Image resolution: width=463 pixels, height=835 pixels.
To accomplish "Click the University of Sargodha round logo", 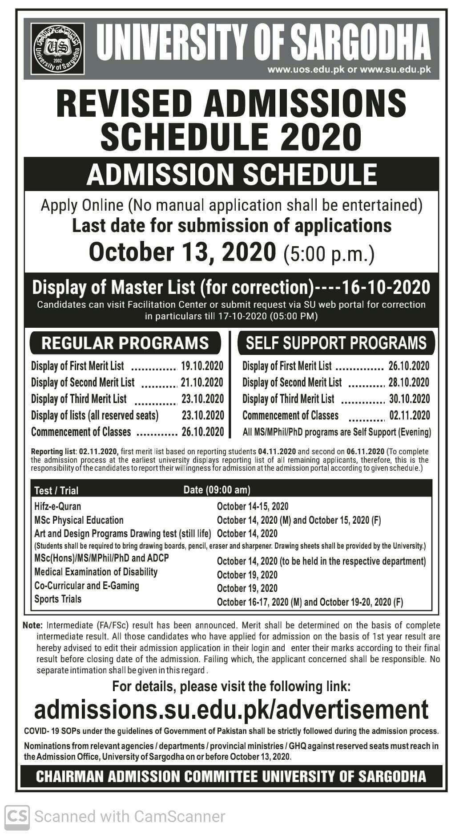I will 58,49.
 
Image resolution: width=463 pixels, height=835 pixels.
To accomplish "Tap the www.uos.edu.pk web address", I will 306,69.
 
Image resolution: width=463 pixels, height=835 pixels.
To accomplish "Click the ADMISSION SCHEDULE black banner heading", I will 231,174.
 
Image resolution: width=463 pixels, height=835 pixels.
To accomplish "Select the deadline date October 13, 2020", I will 182,252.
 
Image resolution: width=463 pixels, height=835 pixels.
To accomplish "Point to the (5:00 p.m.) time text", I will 329,254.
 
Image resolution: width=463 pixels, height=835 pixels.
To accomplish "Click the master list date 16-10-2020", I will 386,287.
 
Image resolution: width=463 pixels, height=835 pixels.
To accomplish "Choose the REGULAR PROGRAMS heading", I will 125,343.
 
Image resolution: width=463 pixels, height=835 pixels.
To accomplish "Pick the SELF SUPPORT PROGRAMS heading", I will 336,343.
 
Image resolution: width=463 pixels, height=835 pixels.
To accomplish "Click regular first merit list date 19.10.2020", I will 202,366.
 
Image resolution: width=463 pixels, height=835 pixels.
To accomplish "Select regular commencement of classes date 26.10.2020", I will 202,432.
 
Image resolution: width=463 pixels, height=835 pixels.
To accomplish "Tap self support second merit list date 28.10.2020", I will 409,383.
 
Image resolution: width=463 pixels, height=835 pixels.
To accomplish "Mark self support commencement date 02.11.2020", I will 409,415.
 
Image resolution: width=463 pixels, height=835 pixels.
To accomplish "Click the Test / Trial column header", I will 56,490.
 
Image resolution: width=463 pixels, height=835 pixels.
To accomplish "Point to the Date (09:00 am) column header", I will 217,490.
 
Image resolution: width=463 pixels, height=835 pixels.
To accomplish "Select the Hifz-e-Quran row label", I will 57,506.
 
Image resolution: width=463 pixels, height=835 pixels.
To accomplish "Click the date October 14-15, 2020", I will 252,506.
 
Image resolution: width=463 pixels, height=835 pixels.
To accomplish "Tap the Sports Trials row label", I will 58,599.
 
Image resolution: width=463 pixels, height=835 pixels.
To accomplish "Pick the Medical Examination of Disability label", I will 96,572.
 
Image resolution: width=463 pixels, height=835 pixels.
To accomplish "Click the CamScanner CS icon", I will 17,816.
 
